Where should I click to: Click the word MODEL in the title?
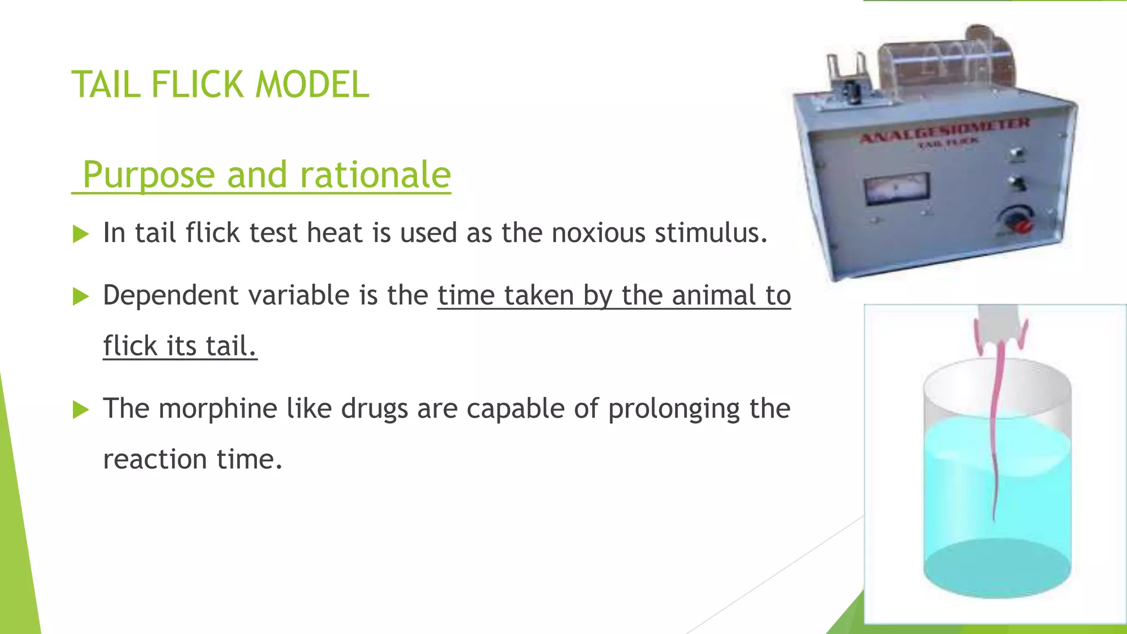[312, 85]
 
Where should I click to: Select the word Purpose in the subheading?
[149, 175]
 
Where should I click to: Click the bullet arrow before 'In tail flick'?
[80, 234]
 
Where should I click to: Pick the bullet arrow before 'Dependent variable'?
[80, 297]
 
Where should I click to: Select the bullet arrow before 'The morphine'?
[80, 410]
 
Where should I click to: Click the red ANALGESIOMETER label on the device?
[944, 130]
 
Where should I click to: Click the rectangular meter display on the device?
[897, 189]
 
